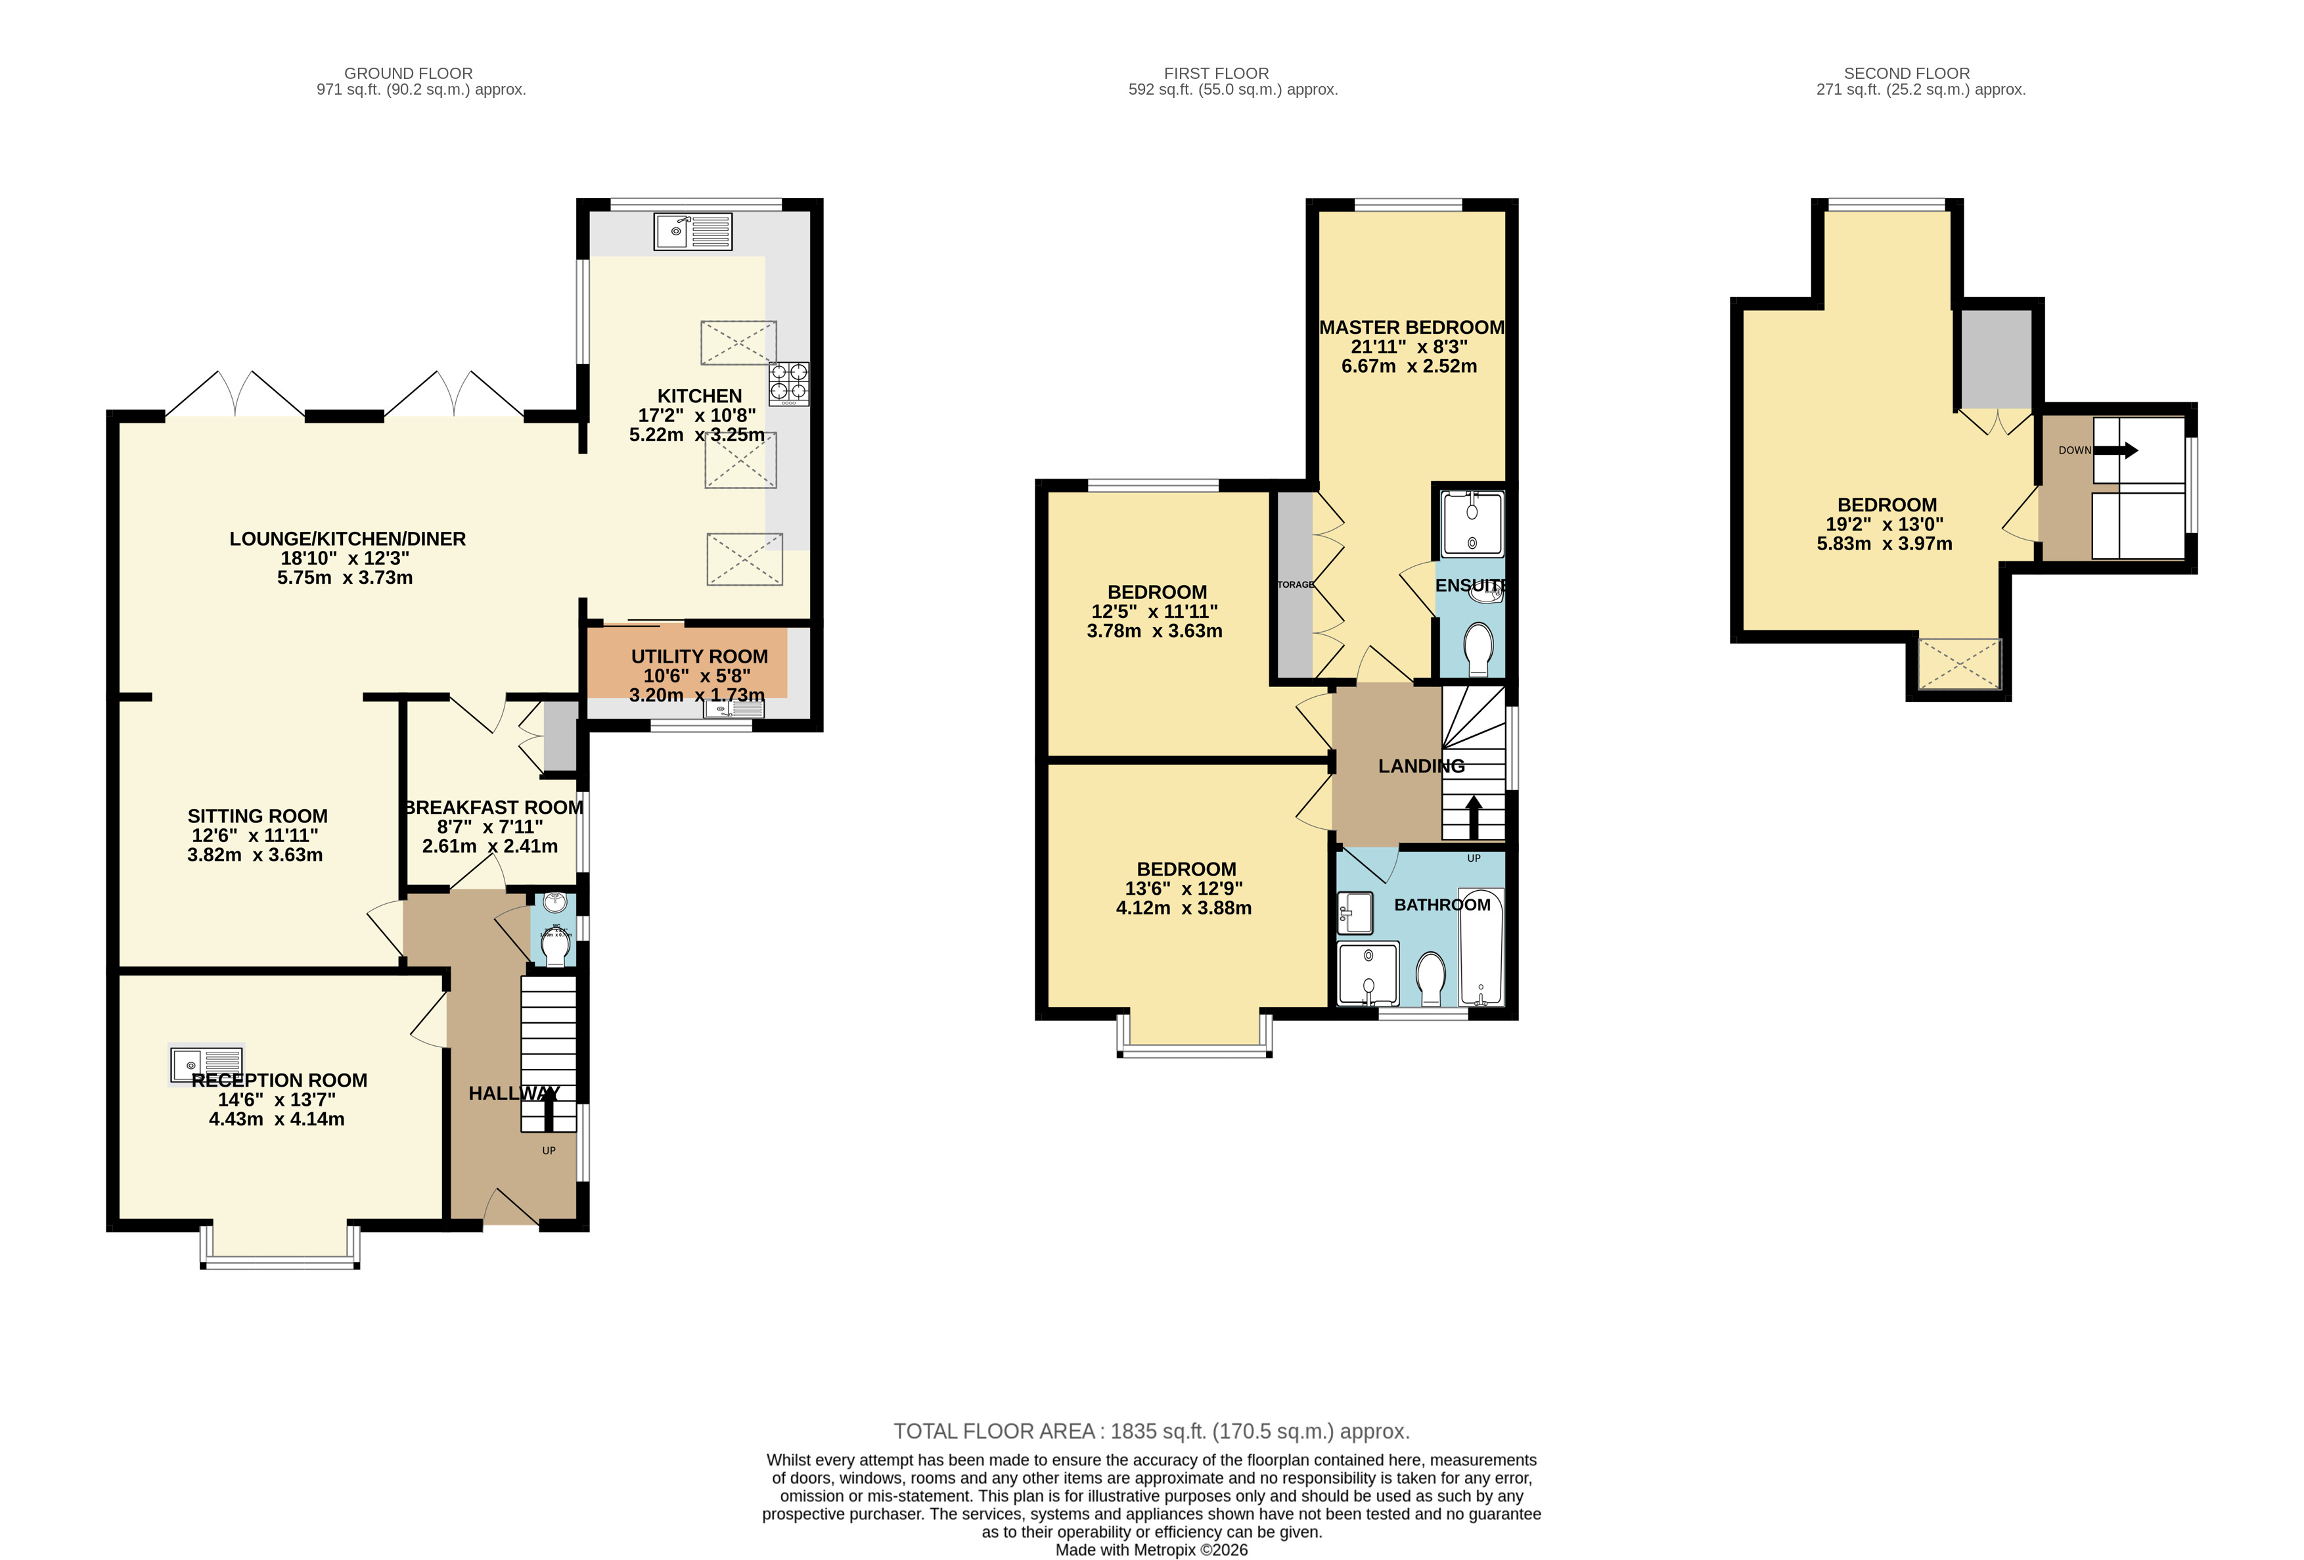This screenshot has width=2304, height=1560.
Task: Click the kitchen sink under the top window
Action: [x=692, y=231]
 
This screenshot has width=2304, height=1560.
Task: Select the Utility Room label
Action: [x=699, y=657]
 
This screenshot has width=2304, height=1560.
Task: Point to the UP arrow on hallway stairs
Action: [x=548, y=1111]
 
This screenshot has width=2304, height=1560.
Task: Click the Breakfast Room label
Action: [x=493, y=807]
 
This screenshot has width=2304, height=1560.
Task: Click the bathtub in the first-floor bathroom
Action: [x=1481, y=947]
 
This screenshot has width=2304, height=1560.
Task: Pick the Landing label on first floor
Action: [x=1420, y=766]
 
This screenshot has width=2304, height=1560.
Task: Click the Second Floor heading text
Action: [x=1905, y=74]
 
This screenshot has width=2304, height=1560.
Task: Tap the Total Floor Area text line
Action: [x=1151, y=1431]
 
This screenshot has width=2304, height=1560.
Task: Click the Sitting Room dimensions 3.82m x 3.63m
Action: [x=255, y=855]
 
